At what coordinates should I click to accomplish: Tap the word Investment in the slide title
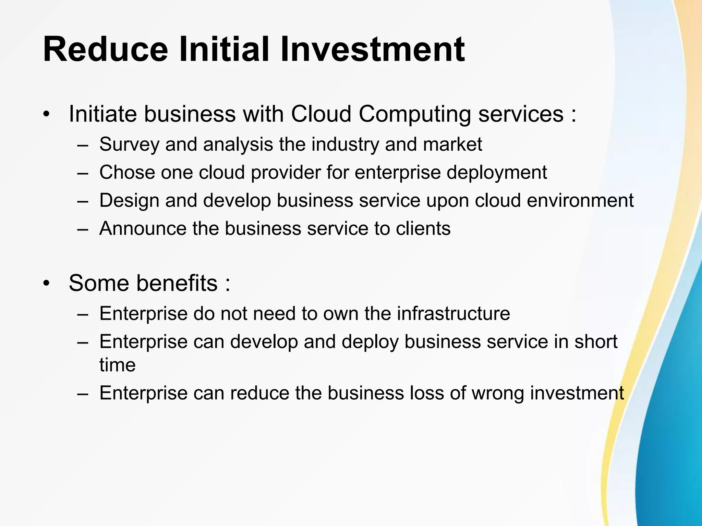click(x=373, y=50)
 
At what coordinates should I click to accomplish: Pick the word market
click(x=452, y=144)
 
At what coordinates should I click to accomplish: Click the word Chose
click(x=127, y=172)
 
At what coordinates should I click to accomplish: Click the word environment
click(x=580, y=200)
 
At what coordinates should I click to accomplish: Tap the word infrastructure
click(x=453, y=313)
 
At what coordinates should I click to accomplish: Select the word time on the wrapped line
click(x=117, y=364)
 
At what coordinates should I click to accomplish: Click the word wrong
click(x=498, y=393)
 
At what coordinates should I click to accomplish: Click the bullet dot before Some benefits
click(x=47, y=284)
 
